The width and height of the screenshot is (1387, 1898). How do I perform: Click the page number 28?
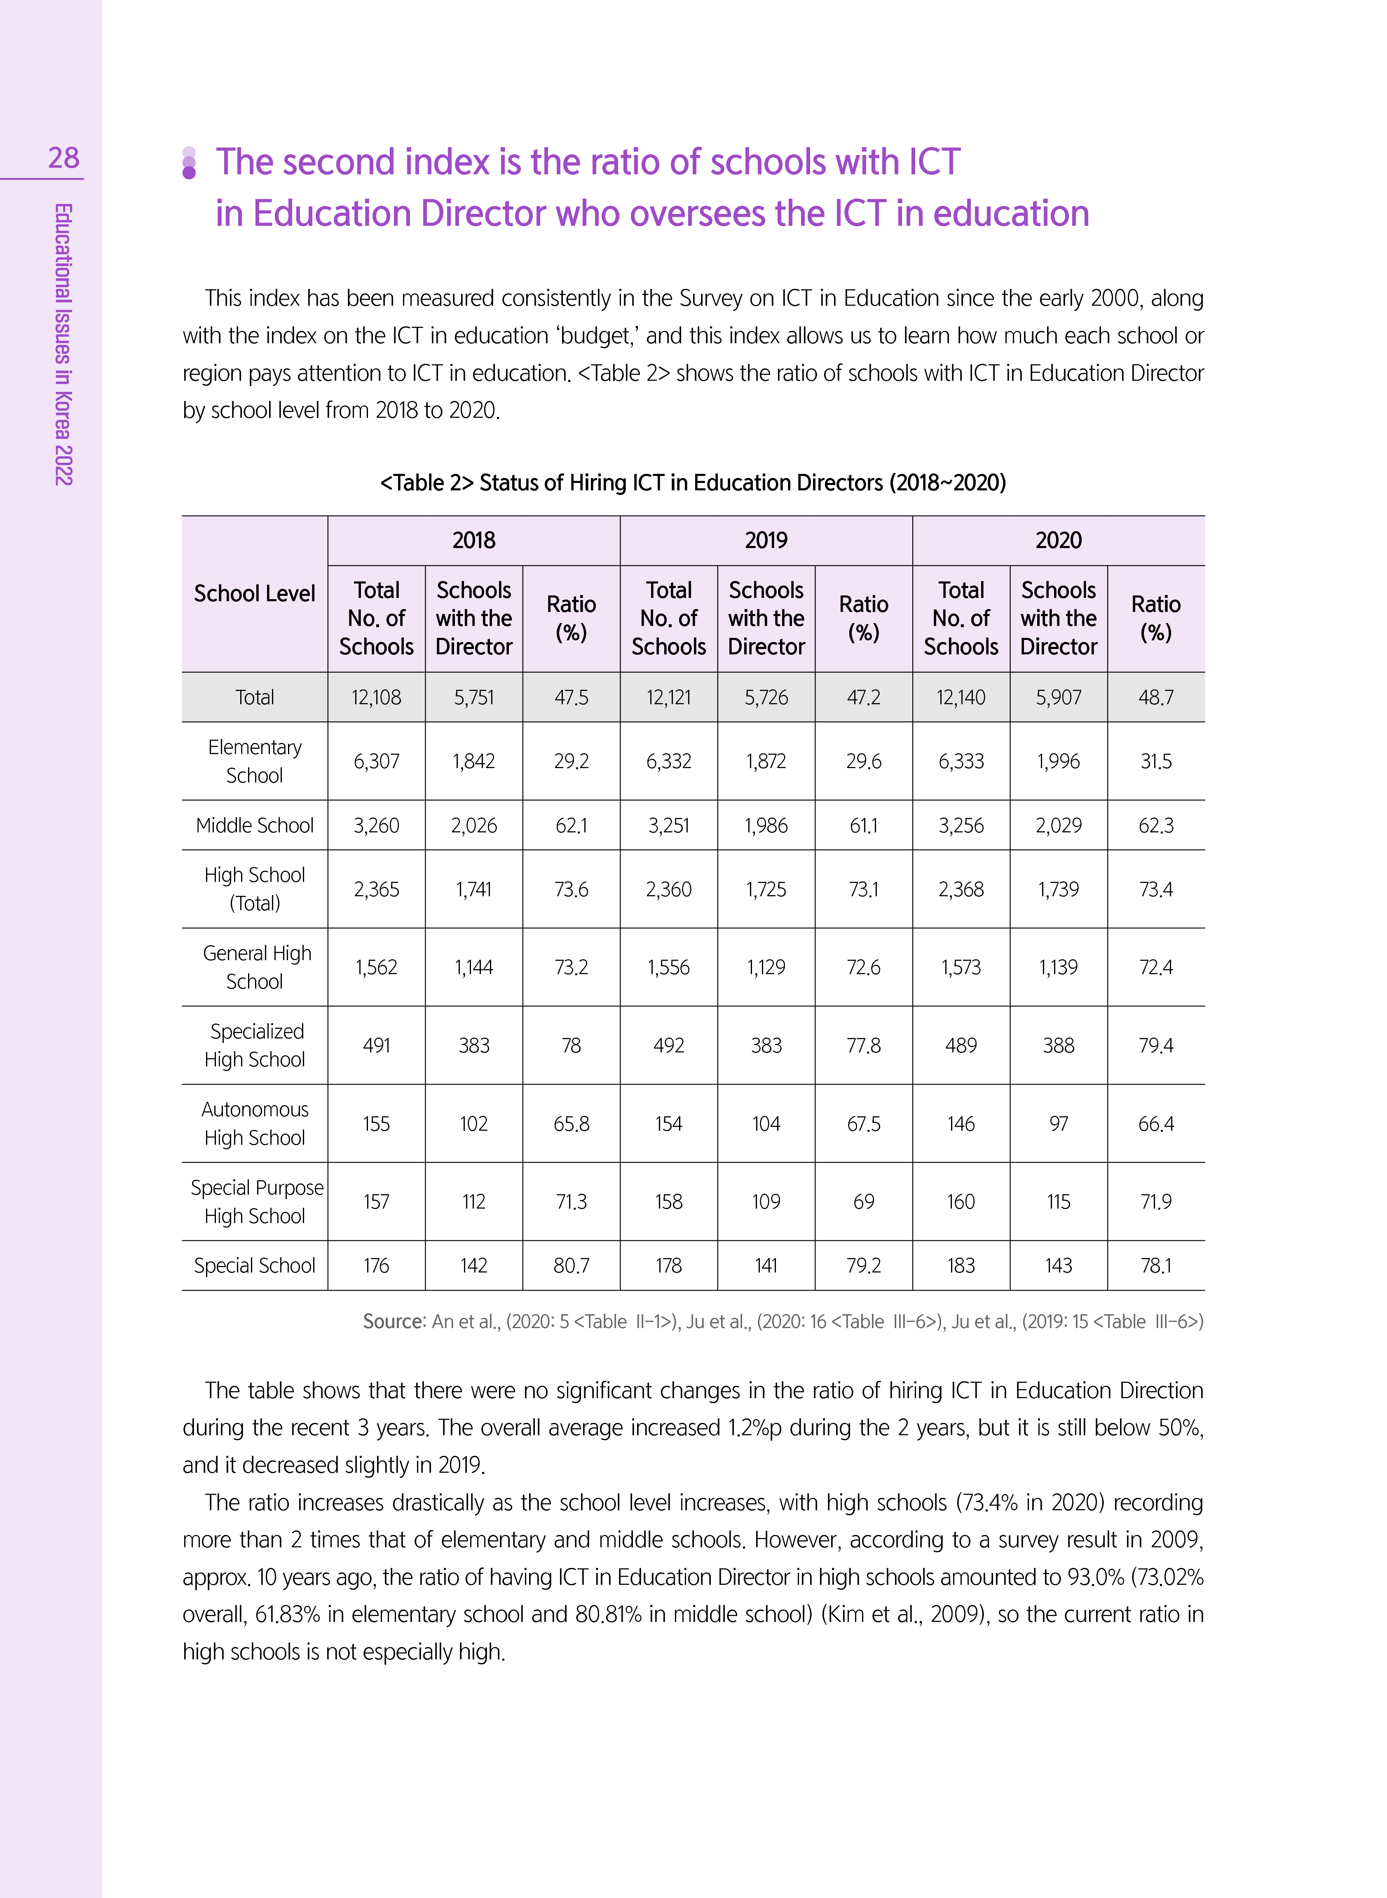tap(64, 158)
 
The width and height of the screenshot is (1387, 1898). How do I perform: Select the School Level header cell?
tap(254, 593)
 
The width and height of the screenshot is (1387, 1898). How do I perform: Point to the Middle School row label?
tap(254, 825)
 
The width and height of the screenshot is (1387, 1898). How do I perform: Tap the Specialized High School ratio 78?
tap(571, 1045)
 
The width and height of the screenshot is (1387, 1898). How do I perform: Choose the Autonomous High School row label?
tap(254, 1123)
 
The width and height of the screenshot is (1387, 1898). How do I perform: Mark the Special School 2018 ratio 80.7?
tap(571, 1265)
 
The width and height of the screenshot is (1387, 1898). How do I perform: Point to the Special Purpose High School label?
tap(256, 1201)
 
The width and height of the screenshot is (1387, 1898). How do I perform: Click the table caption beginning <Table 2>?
tap(693, 483)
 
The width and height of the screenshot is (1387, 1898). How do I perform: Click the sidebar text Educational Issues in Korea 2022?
tap(64, 344)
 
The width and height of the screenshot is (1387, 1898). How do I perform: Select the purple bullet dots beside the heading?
tap(189, 162)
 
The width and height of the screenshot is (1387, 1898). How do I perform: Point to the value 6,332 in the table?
tap(668, 762)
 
